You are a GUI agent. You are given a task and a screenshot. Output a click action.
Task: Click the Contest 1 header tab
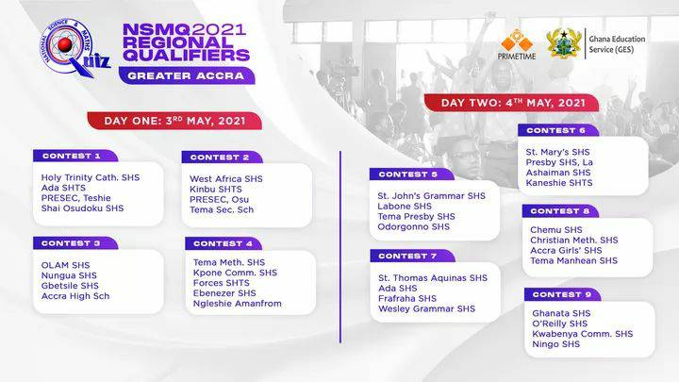point(75,156)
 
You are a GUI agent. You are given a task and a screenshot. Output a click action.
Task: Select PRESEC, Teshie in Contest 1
point(75,198)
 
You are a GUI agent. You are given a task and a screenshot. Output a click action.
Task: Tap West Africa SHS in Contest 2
point(226,179)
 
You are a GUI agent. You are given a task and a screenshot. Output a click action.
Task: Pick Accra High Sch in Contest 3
point(75,296)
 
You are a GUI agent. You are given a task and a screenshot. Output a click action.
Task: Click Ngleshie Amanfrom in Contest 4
point(238,304)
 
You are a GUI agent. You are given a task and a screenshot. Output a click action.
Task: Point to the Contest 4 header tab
point(224,243)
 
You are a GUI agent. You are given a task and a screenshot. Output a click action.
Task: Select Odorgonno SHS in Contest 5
point(414,227)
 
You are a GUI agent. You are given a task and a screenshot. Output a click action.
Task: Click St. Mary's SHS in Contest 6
point(557,152)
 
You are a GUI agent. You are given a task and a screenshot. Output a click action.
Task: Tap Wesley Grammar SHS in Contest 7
point(426,308)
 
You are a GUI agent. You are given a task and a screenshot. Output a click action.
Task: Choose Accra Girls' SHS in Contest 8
point(566,250)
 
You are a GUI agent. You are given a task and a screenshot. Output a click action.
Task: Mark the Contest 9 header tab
point(562,294)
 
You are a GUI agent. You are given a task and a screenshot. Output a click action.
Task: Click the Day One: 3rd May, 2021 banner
point(174,121)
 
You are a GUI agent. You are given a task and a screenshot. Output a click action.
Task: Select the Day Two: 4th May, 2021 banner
point(512,103)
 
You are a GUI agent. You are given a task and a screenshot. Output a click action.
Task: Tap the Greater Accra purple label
point(187,75)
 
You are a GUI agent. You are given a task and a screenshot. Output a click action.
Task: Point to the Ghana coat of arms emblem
point(564,43)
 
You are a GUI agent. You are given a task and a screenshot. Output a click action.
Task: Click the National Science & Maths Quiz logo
point(75,48)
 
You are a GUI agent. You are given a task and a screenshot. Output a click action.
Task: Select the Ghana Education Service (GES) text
point(617,44)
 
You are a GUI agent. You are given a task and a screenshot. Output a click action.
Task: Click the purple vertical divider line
point(340,247)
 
